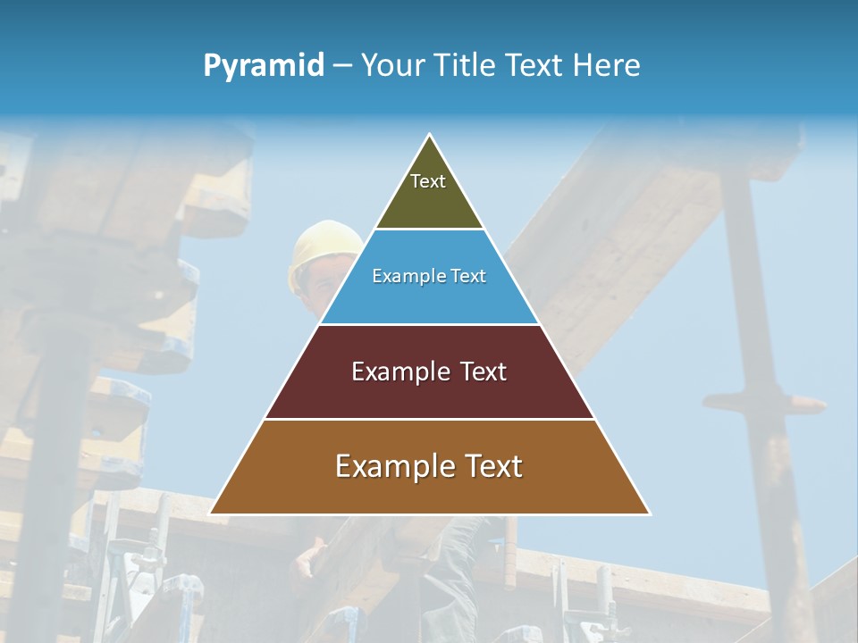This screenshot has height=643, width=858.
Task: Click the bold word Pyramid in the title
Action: point(264,66)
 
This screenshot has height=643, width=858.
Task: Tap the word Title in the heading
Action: point(466,66)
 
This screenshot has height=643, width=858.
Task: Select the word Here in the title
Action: point(607,66)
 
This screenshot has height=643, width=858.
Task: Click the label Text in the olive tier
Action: point(428,181)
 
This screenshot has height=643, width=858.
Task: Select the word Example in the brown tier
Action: point(392,466)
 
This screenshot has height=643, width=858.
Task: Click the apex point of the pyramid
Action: point(430,135)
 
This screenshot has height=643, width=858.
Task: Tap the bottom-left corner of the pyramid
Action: point(211,514)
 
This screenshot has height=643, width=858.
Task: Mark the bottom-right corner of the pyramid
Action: point(649,514)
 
